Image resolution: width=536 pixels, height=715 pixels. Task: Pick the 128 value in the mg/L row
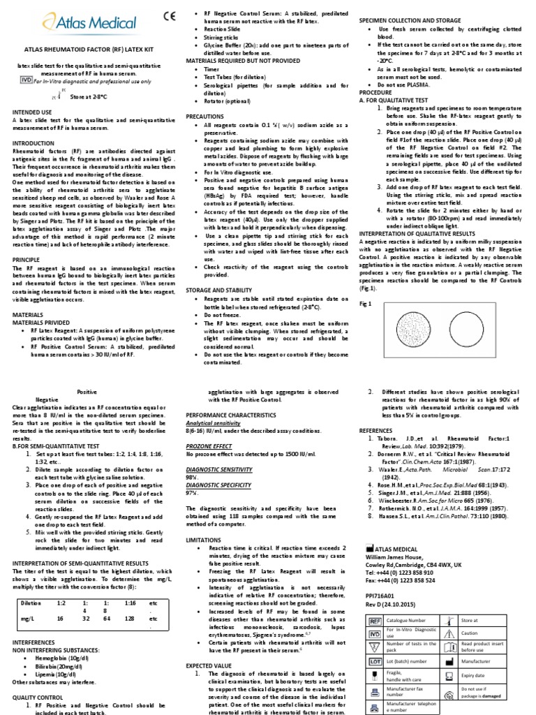[x=130, y=599]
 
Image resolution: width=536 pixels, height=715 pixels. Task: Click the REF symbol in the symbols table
[x=373, y=620]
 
